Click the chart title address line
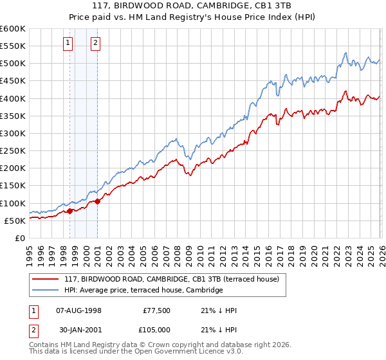pyautogui.click(x=193, y=6)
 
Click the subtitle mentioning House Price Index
pyautogui.click(x=193, y=17)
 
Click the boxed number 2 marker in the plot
pyautogui.click(x=95, y=43)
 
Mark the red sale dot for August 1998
pyautogui.click(x=69, y=211)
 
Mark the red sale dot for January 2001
pyautogui.click(x=98, y=201)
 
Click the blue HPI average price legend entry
pyautogui.click(x=143, y=291)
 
